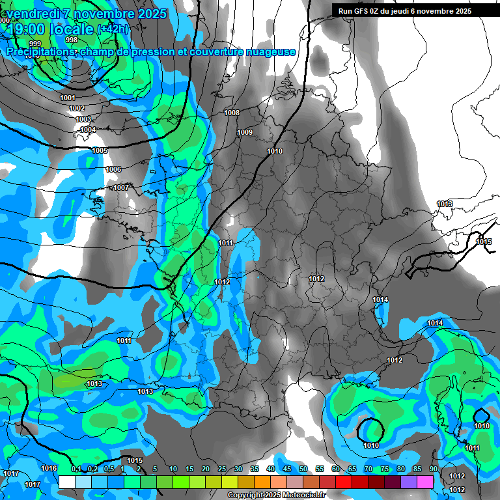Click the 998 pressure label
click(72, 40)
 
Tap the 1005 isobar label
click(100, 150)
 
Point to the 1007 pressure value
click(121, 187)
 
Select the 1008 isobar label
click(232, 113)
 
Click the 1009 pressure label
click(245, 132)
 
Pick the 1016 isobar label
click(49, 469)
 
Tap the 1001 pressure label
click(68, 98)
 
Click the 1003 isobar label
click(83, 119)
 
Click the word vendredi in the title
click(35, 14)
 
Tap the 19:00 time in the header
click(25, 29)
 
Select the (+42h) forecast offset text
click(113, 29)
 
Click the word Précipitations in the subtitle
click(38, 51)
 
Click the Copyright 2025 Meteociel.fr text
click(275, 495)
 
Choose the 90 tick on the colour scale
click(433, 469)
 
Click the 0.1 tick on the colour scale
click(76, 469)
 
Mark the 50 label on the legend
click(303, 469)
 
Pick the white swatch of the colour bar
click(66, 482)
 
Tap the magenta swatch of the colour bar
click(425, 482)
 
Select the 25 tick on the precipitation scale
click(222, 469)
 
